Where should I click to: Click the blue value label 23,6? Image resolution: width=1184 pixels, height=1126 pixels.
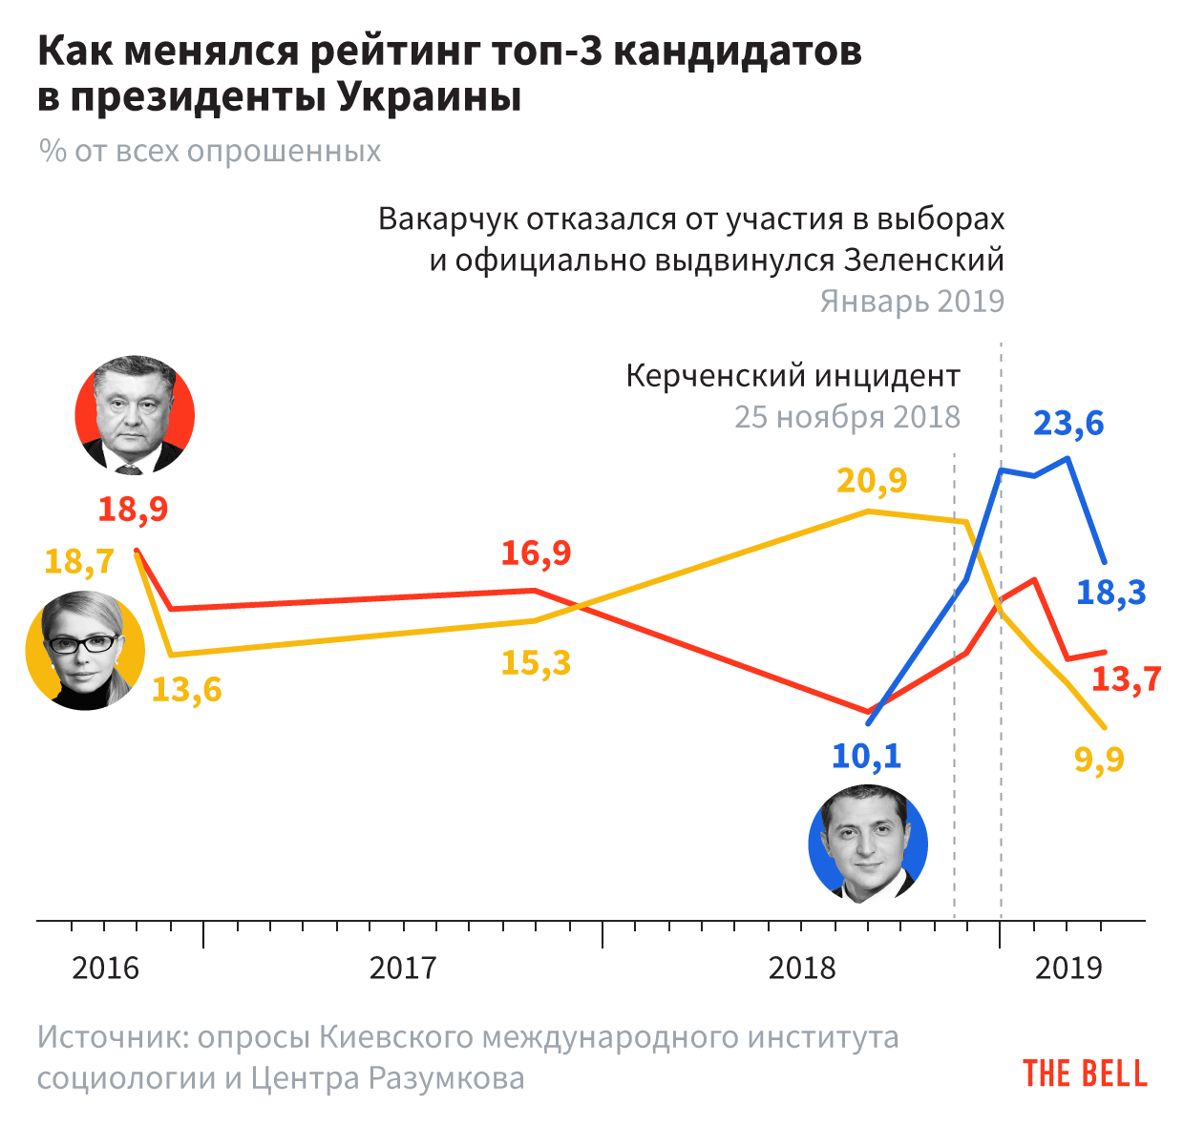click(1068, 423)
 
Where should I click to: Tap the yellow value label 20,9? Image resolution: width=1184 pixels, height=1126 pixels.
click(872, 481)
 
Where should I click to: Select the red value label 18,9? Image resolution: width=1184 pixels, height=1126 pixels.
click(133, 509)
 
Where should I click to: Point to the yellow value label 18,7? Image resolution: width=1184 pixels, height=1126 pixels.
click(79, 561)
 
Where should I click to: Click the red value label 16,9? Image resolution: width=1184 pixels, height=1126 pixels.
click(536, 553)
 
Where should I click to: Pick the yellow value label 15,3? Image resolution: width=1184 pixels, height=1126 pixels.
click(536, 662)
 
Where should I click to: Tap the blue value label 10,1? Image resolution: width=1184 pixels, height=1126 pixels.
click(866, 757)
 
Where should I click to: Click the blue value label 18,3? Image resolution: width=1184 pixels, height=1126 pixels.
click(1111, 593)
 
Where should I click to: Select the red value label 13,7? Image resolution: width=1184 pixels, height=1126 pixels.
click(1127, 679)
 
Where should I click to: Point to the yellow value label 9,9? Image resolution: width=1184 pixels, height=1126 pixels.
click(1099, 760)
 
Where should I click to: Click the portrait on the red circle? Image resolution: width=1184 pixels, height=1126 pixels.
click(135, 415)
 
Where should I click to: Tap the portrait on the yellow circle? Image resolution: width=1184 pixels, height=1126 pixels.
click(85, 650)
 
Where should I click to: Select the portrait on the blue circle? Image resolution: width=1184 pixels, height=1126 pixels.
click(868, 844)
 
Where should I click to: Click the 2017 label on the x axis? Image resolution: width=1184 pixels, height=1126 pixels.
click(403, 969)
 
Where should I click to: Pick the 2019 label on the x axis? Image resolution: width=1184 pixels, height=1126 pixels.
click(1069, 969)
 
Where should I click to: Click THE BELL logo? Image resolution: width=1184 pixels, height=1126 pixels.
click(1085, 1074)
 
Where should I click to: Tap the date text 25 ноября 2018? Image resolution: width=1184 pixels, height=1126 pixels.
click(847, 417)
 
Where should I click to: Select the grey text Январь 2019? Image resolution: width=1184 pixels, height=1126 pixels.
click(912, 302)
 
